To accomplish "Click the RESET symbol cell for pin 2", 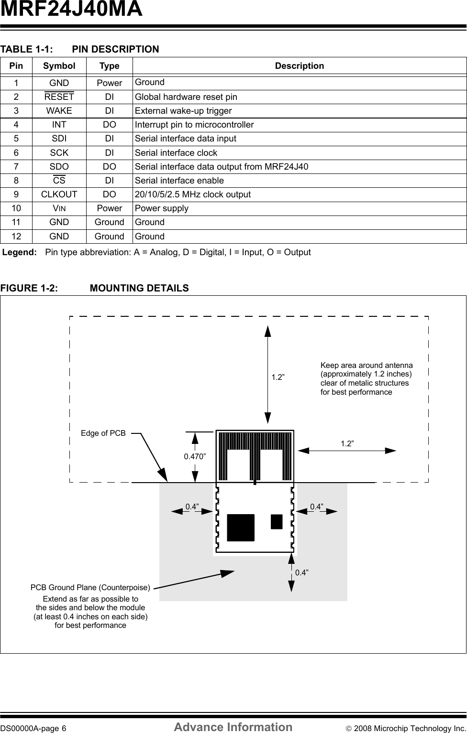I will pos(59,97).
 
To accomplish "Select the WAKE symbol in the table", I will pos(59,111).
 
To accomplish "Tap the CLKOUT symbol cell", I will pos(59,194).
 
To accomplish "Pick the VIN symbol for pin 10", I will pos(59,208).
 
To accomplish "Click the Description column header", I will pos(299,66).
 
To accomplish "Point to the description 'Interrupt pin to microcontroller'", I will pos(194,125).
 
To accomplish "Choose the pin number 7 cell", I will pos(16,167).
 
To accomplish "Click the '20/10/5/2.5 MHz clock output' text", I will pos(193,194).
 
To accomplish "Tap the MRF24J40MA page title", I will pos(71,10).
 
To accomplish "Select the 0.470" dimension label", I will pos(195,456).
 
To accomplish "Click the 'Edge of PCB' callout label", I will pos(103,433).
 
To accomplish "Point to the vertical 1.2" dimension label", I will pos(278,377).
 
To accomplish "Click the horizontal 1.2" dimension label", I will pos(347,444).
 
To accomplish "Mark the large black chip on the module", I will pos(241,528).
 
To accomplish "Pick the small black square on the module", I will pos(277,522).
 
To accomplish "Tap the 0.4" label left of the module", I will pos(192,507).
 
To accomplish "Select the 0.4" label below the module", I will pos(302,572).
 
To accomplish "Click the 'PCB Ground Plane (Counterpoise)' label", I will pos(90,587).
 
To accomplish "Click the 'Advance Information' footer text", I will pos(233,727).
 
